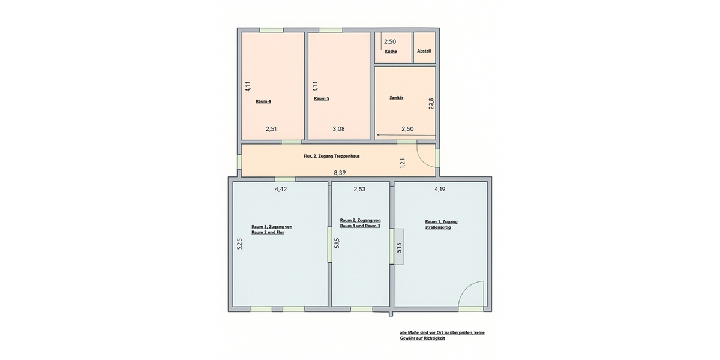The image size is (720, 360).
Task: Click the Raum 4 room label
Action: coord(263,101)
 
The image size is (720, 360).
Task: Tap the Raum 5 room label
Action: coord(322,98)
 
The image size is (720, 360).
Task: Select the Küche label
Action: coord(391,52)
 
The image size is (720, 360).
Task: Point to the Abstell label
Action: coord(424,51)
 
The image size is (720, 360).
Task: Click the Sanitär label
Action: coord(397,98)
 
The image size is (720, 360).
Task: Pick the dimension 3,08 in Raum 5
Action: coord(338,129)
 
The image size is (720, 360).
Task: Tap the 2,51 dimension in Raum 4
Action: coord(271,129)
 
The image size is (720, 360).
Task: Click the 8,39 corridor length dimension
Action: coord(340,173)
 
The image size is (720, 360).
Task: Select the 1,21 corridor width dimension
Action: coord(403,163)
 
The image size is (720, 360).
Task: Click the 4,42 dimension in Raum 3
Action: coord(281,190)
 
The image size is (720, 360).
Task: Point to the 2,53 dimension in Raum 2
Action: coord(359,190)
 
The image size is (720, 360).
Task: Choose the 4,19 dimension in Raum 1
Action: coord(440,190)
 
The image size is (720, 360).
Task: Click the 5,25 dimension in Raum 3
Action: coord(239,244)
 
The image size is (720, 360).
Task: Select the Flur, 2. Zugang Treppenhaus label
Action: coord(332,157)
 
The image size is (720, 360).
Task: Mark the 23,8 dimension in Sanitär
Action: coord(431,104)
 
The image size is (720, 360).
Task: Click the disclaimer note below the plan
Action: coord(442,335)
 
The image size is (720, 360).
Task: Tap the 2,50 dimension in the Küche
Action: coord(390,41)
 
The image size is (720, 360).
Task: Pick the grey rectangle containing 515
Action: coord(399,247)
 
